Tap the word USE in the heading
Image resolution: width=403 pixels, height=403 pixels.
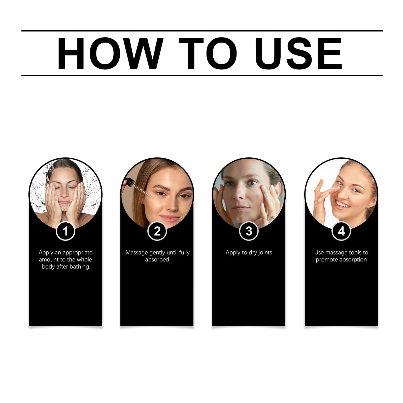(x=299, y=53)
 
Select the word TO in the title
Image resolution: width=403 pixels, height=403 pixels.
(x=208, y=53)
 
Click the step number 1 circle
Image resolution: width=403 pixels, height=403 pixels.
(x=65, y=231)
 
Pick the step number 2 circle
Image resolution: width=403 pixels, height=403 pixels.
(x=157, y=231)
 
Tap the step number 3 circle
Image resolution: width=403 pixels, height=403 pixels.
(x=249, y=231)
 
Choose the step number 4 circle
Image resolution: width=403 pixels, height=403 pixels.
(x=341, y=231)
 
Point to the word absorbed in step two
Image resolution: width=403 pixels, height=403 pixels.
(x=157, y=259)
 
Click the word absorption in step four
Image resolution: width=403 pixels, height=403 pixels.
(x=352, y=260)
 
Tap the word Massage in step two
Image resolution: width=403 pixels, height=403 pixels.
(x=137, y=253)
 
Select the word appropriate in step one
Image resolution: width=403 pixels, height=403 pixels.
(x=78, y=253)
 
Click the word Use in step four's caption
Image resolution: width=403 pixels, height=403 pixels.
(x=319, y=252)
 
